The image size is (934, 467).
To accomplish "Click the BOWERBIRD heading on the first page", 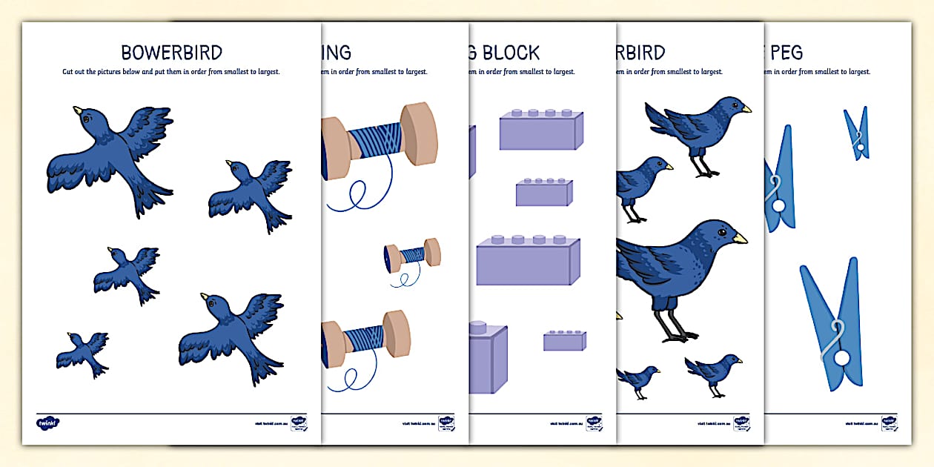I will (171, 53).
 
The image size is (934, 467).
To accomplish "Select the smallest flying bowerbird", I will (83, 353).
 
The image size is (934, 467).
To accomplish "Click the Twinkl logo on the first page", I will (47, 423).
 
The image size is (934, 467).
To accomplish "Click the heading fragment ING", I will (336, 53).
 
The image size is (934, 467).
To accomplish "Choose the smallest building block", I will (565, 340).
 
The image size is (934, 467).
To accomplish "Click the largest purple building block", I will (528, 260).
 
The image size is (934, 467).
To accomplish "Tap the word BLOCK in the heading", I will (511, 53).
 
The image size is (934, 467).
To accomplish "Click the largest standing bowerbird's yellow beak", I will (740, 238).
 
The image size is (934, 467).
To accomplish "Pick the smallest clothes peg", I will (857, 133).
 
